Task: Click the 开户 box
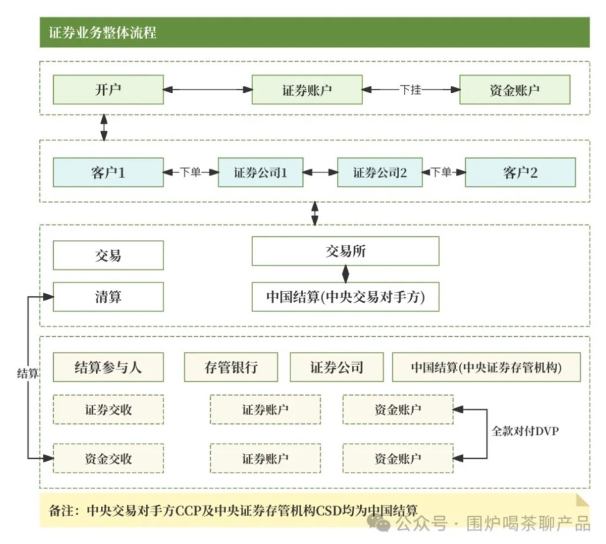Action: point(108,90)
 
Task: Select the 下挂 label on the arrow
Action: point(410,90)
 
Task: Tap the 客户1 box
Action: point(108,172)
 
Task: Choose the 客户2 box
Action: point(520,172)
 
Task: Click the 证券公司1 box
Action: point(260,172)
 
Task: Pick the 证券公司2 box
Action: point(379,172)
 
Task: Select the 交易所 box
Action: point(345,251)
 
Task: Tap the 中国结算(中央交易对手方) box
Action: point(345,297)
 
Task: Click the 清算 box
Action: point(108,297)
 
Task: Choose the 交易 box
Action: point(108,255)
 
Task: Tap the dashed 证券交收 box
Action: point(108,409)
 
